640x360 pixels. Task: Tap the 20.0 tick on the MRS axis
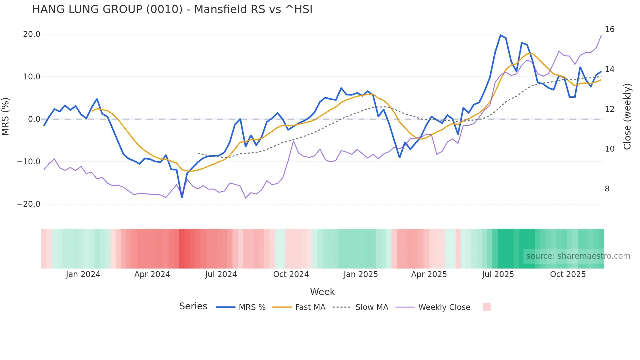pyautogui.click(x=32, y=34)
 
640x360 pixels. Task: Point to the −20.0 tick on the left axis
pyautogui.click(x=29, y=204)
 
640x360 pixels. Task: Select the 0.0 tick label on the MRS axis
pyautogui.click(x=34, y=119)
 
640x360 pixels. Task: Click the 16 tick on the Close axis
pyautogui.click(x=609, y=29)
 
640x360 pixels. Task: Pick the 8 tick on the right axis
pyautogui.click(x=607, y=189)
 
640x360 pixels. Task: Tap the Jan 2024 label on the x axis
pyautogui.click(x=83, y=274)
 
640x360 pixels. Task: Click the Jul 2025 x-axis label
pyautogui.click(x=498, y=274)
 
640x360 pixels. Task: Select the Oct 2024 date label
pyautogui.click(x=291, y=274)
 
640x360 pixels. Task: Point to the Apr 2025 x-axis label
pyautogui.click(x=429, y=274)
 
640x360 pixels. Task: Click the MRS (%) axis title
pyautogui.click(x=6, y=116)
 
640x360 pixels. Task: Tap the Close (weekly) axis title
pyautogui.click(x=627, y=117)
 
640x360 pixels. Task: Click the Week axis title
pyautogui.click(x=322, y=292)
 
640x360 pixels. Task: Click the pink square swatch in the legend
pyautogui.click(x=487, y=307)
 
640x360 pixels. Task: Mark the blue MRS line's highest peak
pyautogui.click(x=500, y=35)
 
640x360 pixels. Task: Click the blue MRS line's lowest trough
pyautogui.click(x=182, y=197)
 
